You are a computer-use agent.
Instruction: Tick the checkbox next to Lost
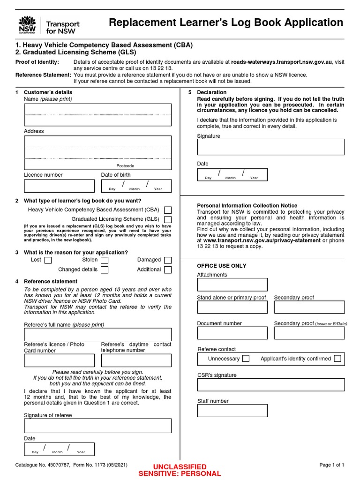click(48, 261)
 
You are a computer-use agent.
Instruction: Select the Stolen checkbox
click(105, 260)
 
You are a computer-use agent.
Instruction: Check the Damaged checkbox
click(168, 260)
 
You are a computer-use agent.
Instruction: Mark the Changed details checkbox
click(105, 270)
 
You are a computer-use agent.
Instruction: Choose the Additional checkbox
click(168, 270)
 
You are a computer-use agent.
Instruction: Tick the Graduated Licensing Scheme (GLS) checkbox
click(168, 219)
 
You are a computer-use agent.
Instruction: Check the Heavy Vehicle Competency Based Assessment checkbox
click(168, 210)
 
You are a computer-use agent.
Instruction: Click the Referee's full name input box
click(97, 335)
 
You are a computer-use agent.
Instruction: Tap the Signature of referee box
click(97, 426)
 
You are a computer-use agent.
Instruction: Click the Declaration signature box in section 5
click(270, 147)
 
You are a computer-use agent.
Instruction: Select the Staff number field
click(232, 411)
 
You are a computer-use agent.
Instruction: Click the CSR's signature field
click(270, 385)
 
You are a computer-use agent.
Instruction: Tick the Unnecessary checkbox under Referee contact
click(246, 359)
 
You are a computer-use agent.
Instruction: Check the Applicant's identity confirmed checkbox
click(337, 359)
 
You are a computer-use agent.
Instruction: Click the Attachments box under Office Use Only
click(232, 285)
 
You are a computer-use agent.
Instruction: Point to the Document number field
click(232, 333)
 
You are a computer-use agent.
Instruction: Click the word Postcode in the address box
click(125, 166)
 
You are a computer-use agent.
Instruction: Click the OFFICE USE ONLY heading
click(221, 266)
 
